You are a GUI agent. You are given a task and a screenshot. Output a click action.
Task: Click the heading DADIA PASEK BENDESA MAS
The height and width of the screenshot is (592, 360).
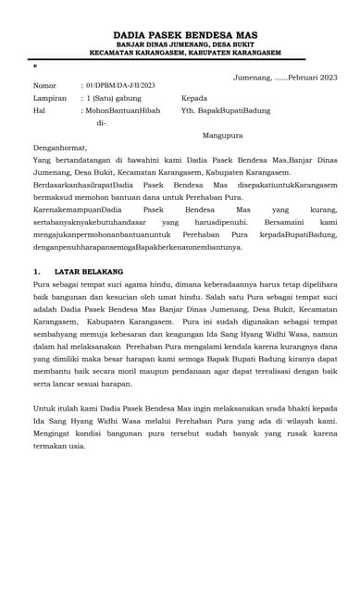point(180,34)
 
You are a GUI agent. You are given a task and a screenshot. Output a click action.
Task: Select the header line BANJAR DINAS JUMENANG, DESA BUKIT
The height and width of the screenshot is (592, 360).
point(180,43)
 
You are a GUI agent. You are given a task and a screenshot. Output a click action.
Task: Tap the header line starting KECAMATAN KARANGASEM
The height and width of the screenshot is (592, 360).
point(180,53)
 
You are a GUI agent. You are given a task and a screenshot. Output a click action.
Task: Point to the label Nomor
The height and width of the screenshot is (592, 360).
point(44,86)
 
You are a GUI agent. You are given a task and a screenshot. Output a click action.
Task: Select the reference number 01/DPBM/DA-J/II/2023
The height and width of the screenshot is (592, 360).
point(120,86)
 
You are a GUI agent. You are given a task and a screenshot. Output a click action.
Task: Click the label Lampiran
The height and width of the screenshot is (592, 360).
point(49,98)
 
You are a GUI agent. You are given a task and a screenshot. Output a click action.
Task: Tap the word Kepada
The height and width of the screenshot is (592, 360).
point(194,98)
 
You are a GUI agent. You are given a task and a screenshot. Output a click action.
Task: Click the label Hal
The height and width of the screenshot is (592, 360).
point(39,110)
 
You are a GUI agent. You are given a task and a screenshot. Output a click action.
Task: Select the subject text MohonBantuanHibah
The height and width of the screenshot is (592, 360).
point(123,110)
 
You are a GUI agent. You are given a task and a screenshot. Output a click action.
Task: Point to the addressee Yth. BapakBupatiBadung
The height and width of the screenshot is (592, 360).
point(226,110)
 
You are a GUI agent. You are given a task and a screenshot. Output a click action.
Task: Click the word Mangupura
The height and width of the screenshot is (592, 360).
point(222,135)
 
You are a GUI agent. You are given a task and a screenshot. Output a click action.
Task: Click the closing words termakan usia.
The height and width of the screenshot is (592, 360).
point(59,446)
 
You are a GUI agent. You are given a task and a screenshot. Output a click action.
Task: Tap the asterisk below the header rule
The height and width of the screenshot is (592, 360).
point(35,67)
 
